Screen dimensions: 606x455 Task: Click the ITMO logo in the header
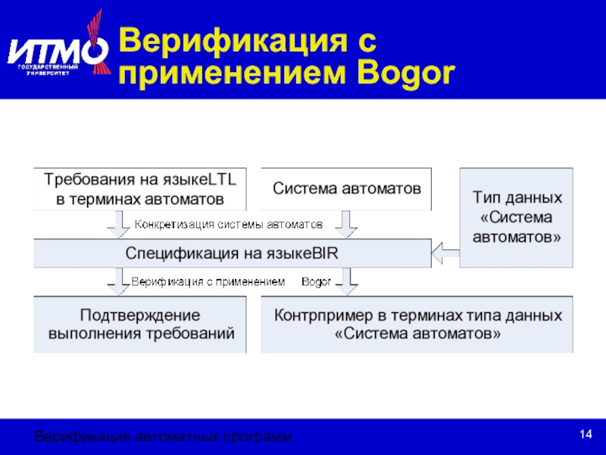[58, 49]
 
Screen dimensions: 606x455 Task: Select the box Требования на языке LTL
[140, 189]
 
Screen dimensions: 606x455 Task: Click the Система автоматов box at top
[346, 188]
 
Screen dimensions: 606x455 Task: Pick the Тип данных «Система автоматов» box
[517, 217]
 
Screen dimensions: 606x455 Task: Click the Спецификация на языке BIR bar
[231, 253]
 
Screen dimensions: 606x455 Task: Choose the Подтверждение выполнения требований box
[141, 324]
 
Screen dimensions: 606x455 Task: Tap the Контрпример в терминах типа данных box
[417, 324]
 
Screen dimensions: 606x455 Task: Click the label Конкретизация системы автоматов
[229, 224]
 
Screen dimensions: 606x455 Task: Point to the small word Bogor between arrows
[316, 282]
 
